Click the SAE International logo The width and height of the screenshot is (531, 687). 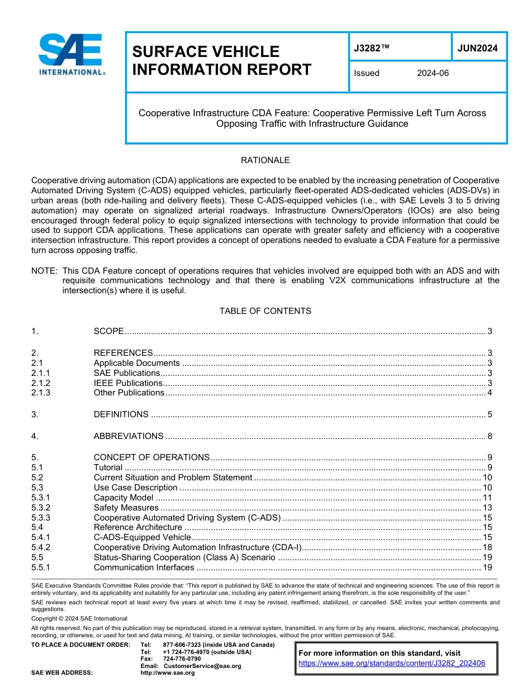[x=72, y=55]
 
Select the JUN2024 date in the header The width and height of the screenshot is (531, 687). [x=477, y=48]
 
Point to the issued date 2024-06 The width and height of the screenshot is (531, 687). [x=433, y=73]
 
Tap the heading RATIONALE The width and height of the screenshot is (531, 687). [x=265, y=160]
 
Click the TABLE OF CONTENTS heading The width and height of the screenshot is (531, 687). [x=265, y=311]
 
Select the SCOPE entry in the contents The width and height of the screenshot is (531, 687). [x=108, y=331]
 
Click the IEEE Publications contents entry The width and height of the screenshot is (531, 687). [x=128, y=383]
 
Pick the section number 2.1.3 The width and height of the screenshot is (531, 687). [x=41, y=393]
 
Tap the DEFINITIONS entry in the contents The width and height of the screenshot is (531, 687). [x=121, y=414]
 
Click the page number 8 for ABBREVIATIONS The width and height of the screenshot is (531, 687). [x=490, y=436]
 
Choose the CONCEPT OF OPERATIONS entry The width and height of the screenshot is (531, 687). [x=151, y=457]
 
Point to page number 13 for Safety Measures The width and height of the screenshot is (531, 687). [x=487, y=508]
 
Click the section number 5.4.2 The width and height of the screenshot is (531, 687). [x=41, y=547]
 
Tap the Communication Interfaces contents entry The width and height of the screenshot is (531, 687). [x=144, y=567]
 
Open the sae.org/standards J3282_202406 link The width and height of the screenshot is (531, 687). [x=392, y=663]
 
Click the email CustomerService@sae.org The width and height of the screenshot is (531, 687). [x=202, y=666]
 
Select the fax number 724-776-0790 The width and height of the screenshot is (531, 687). [x=182, y=659]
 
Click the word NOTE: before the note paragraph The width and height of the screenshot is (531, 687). [x=44, y=271]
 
